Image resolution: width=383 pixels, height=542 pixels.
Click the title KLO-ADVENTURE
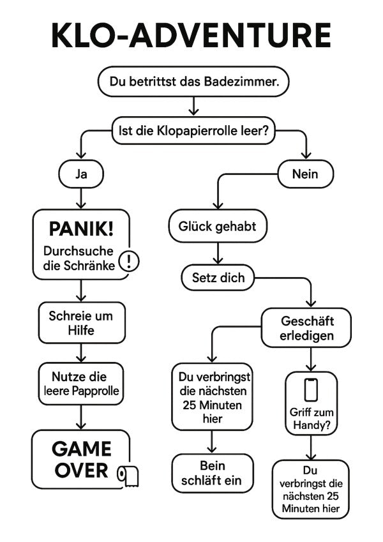(191, 36)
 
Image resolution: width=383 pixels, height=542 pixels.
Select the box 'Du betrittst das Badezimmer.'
(193, 82)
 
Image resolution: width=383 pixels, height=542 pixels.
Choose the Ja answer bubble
(81, 174)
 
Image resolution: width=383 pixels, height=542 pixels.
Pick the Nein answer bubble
(305, 174)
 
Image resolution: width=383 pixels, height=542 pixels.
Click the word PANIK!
(81, 229)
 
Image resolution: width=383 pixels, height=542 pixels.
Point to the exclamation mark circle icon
(130, 260)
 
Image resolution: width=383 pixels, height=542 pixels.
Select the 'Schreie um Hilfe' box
(81, 322)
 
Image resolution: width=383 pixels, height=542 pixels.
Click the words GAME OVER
(81, 460)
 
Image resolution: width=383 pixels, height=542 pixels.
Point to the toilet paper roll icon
(128, 476)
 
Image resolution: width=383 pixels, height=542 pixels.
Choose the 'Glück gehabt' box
(217, 226)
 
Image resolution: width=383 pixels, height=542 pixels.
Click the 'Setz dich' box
(218, 278)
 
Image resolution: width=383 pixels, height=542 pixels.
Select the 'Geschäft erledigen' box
(307, 327)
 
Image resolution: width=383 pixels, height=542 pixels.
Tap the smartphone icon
(311, 389)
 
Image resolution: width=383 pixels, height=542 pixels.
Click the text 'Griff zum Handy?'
(311, 418)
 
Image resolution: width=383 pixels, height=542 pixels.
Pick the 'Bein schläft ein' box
(213, 473)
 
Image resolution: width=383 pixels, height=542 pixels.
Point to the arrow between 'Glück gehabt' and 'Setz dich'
(218, 253)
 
